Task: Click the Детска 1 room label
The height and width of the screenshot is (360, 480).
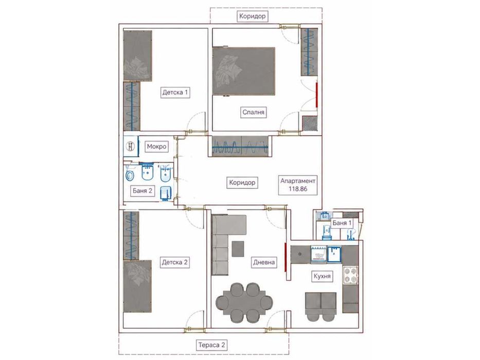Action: click(175, 92)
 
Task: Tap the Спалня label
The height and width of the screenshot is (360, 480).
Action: click(253, 112)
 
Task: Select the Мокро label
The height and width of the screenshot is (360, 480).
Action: click(156, 147)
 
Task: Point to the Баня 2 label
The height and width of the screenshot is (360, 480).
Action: click(143, 191)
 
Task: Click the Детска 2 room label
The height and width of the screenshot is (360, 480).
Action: click(174, 262)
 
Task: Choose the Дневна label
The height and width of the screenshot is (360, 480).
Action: click(264, 262)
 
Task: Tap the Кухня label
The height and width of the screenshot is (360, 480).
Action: click(322, 276)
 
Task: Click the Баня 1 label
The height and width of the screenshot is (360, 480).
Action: click(342, 223)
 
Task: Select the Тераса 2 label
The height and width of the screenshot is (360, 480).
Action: click(212, 345)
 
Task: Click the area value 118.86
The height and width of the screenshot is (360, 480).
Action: click(298, 189)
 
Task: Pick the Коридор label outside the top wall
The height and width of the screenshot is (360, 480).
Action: click(252, 16)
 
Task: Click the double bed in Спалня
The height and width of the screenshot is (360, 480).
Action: click(244, 71)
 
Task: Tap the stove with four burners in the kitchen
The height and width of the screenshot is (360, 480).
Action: click(350, 275)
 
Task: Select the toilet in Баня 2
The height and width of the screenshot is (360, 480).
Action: click(130, 176)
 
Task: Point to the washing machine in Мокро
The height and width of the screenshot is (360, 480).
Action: click(131, 146)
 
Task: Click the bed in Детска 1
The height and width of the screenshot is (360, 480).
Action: click(137, 56)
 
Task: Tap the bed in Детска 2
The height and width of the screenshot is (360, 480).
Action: click(137, 286)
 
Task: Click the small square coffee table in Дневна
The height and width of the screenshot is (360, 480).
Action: click(238, 249)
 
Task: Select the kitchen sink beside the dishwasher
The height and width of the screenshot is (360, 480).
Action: click(334, 254)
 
